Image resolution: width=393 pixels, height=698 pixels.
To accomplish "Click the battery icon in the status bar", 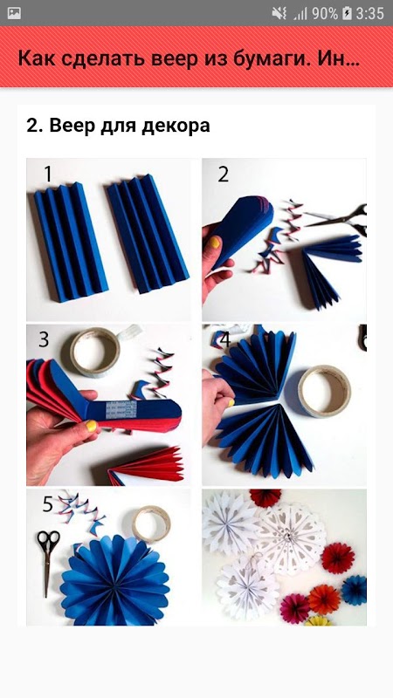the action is tap(347, 13).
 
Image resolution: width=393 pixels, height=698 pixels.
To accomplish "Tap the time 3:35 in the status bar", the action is tap(369, 13).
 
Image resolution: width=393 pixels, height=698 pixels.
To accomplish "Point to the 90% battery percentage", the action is tap(325, 13).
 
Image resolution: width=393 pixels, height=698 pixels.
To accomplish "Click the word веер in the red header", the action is tap(173, 58).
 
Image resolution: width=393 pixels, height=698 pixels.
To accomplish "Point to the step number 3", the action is tap(43, 339).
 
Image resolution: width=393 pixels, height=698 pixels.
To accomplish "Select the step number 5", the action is tap(48, 504).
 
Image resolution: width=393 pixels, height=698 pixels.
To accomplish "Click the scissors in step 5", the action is tap(47, 562).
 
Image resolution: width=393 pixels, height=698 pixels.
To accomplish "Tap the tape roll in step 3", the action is tap(95, 352).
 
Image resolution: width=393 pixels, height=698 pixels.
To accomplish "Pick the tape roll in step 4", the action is tap(324, 391).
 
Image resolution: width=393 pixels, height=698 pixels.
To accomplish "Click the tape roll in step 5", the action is tap(151, 524).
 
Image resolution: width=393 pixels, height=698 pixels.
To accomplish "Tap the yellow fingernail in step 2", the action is tap(215, 243).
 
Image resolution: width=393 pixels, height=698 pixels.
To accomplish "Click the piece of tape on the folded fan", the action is tap(121, 410).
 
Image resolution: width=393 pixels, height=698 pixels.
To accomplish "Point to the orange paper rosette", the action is tap(324, 599).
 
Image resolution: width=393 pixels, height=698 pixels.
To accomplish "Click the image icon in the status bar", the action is tap(14, 13).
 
